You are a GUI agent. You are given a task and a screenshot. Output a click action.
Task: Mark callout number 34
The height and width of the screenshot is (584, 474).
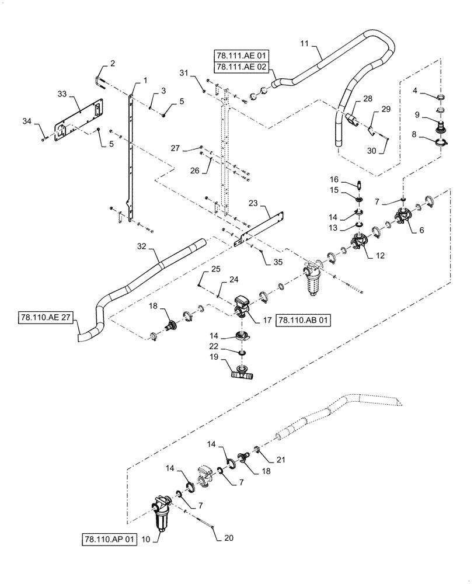(x=43, y=121)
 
